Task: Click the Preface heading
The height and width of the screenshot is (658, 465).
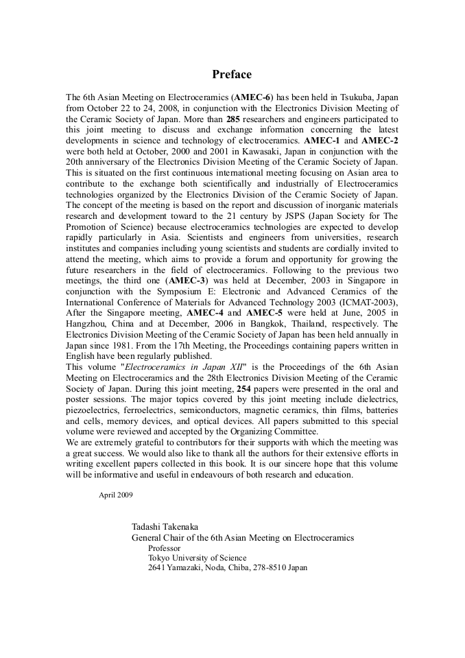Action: [x=232, y=74]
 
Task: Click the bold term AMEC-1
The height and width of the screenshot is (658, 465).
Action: [x=322, y=140]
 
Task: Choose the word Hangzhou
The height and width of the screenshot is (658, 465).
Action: [x=87, y=323]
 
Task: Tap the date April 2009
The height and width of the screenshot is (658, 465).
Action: [x=116, y=494]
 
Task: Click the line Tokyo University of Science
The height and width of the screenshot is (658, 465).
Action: [x=198, y=559]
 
